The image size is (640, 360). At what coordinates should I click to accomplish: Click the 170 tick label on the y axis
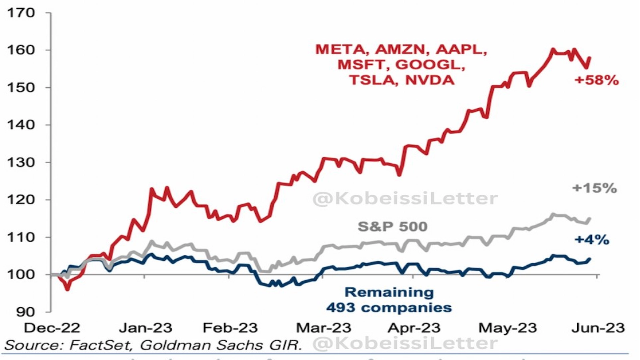coord(21,13)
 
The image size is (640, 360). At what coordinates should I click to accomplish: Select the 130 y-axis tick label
coord(21,162)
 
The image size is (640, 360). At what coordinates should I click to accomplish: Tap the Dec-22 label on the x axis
coord(52,328)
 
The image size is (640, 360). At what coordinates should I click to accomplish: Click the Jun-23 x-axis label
coord(598,328)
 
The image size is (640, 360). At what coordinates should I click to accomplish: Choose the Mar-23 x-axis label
coord(323,328)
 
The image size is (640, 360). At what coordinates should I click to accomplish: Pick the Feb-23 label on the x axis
coord(230,328)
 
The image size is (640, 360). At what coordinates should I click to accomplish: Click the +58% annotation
coord(596,80)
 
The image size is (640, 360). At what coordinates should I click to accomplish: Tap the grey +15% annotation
coord(594,188)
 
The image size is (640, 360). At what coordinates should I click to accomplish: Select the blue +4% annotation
coord(592,240)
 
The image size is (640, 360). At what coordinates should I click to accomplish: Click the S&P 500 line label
coord(392,227)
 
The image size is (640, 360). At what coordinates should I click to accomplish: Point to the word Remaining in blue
coord(389,292)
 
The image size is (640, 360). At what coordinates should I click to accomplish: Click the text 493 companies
coord(389,308)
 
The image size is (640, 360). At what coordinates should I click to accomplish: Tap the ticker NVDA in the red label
coord(430,80)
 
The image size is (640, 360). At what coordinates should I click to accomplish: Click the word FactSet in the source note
coord(101,345)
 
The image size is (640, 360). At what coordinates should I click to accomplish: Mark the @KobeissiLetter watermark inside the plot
coord(405,198)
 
